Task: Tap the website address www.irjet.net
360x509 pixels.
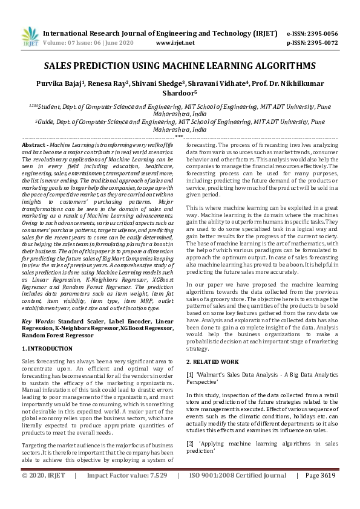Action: [175, 44]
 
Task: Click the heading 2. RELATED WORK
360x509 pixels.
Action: [213, 361]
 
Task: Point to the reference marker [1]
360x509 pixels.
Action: [190, 375]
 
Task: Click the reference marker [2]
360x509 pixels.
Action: [190, 443]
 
